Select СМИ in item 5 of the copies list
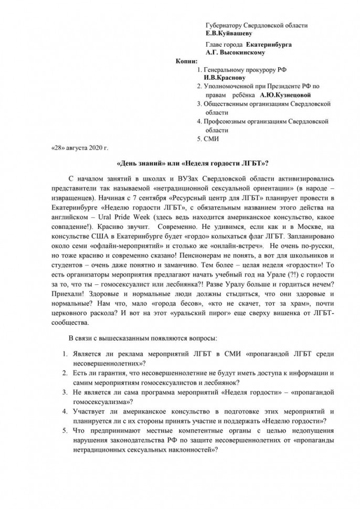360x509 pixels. [x=212, y=139]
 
